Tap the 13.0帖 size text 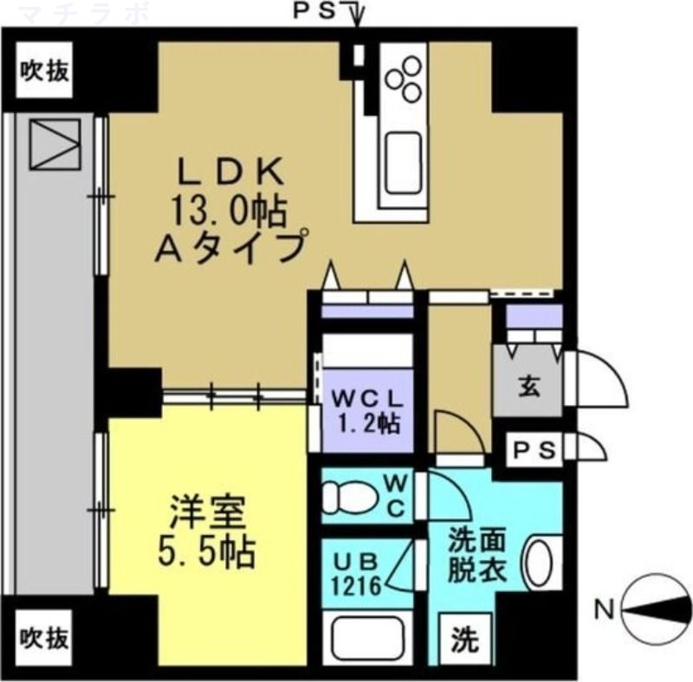(x=230, y=210)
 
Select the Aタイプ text (x=230, y=248)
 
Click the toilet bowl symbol (x=347, y=499)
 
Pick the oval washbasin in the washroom (x=539, y=563)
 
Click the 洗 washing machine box (x=466, y=641)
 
